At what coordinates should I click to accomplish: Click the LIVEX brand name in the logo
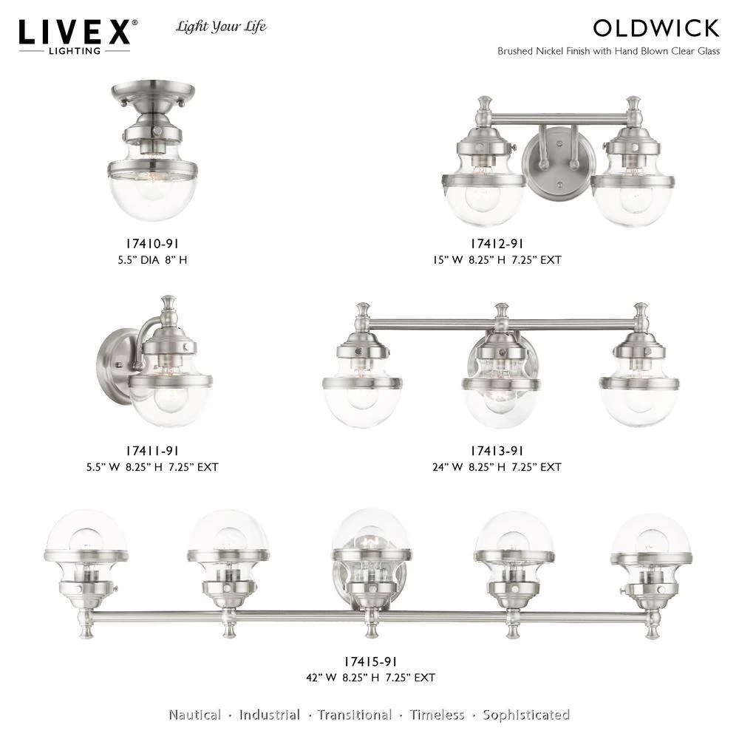[75, 32]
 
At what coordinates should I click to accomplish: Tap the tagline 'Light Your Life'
[221, 27]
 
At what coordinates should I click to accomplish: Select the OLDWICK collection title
[656, 28]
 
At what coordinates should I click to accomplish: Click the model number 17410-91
[152, 244]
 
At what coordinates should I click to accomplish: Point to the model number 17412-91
[497, 244]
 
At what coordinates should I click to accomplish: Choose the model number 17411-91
[152, 451]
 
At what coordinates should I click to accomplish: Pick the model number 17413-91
[497, 451]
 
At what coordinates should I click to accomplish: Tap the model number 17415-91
[370, 661]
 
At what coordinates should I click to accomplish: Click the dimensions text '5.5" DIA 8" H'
[152, 259]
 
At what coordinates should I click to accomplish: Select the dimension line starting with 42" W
[370, 678]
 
